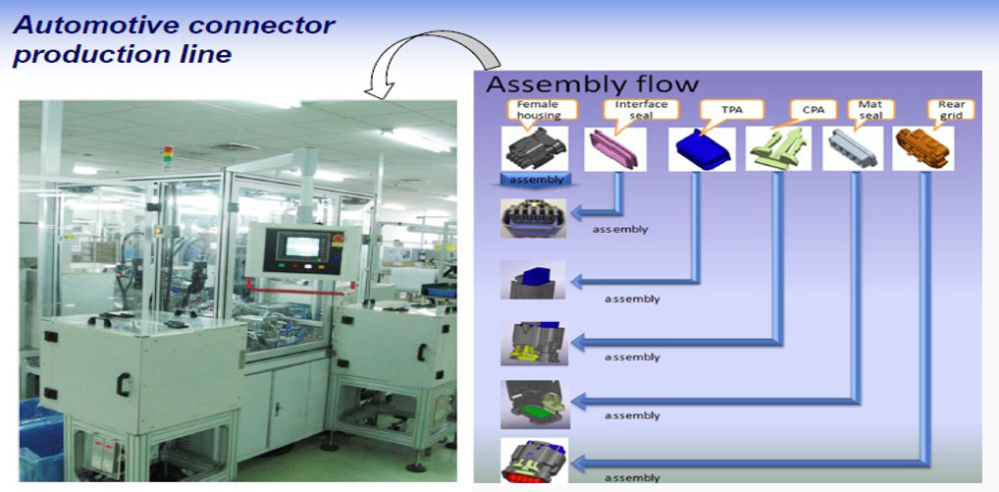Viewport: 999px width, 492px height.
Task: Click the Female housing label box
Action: click(539, 109)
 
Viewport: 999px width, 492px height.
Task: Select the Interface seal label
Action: click(641, 109)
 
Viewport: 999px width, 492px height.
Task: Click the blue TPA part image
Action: click(702, 149)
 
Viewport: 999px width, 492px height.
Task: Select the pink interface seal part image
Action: click(615, 150)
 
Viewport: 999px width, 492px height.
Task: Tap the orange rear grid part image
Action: click(922, 148)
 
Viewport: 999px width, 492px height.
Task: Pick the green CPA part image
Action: click(775, 150)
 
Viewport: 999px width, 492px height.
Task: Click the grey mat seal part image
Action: click(854, 149)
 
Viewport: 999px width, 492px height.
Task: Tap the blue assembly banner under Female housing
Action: click(536, 180)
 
